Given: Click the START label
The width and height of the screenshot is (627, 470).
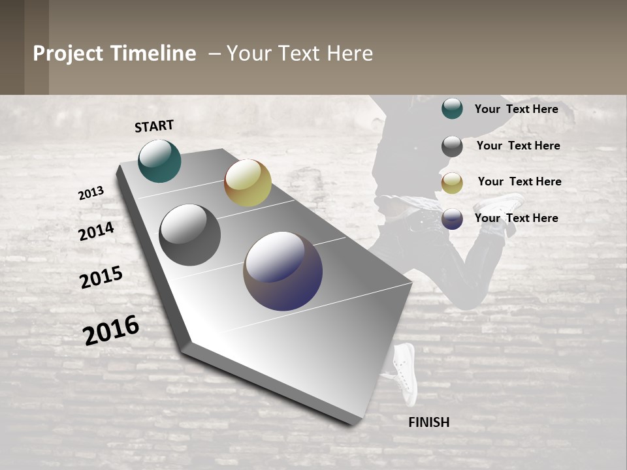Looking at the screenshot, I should pyautogui.click(x=154, y=126).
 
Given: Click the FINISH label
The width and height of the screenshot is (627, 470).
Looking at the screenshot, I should pyautogui.click(x=429, y=422).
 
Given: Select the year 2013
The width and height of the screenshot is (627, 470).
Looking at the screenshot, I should pyautogui.click(x=91, y=193).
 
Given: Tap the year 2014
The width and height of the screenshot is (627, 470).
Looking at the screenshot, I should pyautogui.click(x=97, y=232).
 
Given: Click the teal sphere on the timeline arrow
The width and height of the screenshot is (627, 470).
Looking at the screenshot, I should pyautogui.click(x=159, y=161).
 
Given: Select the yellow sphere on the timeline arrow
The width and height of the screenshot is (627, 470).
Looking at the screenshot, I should pyautogui.click(x=248, y=183).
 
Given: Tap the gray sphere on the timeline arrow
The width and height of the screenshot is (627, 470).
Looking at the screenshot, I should pyautogui.click(x=190, y=235).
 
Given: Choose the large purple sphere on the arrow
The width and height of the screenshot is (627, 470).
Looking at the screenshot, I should pyautogui.click(x=283, y=271).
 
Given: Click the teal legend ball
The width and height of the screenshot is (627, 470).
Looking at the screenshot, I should pyautogui.click(x=452, y=108).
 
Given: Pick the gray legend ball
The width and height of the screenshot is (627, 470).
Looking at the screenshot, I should pyautogui.click(x=452, y=146).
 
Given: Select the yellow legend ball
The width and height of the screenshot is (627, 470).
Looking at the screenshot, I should pyautogui.click(x=452, y=183).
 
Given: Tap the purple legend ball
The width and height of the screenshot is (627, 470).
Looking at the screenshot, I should pyautogui.click(x=452, y=219).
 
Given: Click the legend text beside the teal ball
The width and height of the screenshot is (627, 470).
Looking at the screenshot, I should pyautogui.click(x=516, y=109).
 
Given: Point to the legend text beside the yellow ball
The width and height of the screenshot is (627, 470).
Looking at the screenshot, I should pyautogui.click(x=519, y=181).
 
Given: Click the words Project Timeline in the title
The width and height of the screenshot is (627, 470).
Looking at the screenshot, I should pyautogui.click(x=114, y=54).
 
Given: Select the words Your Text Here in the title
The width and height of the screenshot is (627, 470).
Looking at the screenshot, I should pyautogui.click(x=300, y=54).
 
